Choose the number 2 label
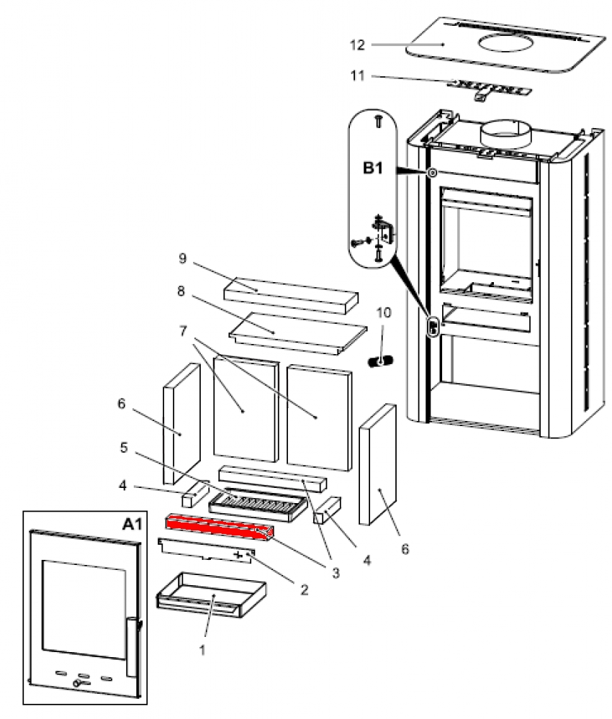304,590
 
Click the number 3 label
334,573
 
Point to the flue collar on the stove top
505,133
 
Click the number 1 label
203,648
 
